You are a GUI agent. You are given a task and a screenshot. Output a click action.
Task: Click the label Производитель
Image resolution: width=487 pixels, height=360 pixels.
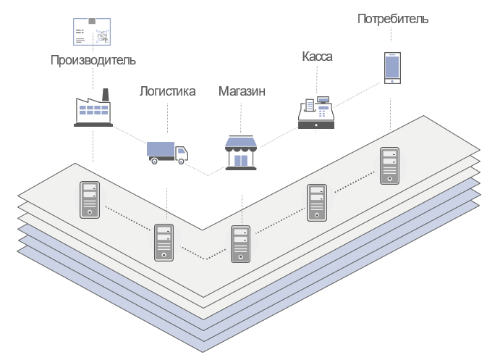coord(93,60)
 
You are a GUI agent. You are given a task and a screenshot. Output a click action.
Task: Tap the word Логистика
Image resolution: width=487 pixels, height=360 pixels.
coord(167,92)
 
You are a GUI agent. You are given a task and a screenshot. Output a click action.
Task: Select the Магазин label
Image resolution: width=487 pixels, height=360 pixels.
coord(242,92)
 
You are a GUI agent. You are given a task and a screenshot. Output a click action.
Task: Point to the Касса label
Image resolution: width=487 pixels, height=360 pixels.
coord(316,56)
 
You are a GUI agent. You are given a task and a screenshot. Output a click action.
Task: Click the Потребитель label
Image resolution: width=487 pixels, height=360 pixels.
coord(392,19)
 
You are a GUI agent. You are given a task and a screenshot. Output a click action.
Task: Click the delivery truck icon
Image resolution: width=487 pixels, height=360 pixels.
coord(167,153)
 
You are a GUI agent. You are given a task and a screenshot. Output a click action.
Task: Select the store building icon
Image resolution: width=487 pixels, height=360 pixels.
coord(241,153)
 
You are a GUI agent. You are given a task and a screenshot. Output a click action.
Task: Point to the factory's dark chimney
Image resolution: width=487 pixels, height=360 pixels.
coord(106,95)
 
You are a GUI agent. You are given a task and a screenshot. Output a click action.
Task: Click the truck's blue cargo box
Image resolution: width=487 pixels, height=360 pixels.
coord(161,149)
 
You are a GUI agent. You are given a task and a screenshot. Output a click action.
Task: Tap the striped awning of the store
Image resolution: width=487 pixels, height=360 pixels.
coord(241,142)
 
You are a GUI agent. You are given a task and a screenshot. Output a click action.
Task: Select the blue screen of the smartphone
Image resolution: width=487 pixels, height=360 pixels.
coord(391,67)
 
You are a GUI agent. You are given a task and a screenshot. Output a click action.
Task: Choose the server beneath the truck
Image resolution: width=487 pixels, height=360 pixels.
coord(164,243)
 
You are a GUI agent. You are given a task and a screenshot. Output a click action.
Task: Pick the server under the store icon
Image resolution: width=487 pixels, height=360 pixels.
coord(241,244)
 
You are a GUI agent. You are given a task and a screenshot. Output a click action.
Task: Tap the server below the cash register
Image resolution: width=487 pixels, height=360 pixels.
coord(316,202)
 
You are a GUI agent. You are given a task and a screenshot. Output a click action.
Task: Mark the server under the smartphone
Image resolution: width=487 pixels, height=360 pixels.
coord(389,166)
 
